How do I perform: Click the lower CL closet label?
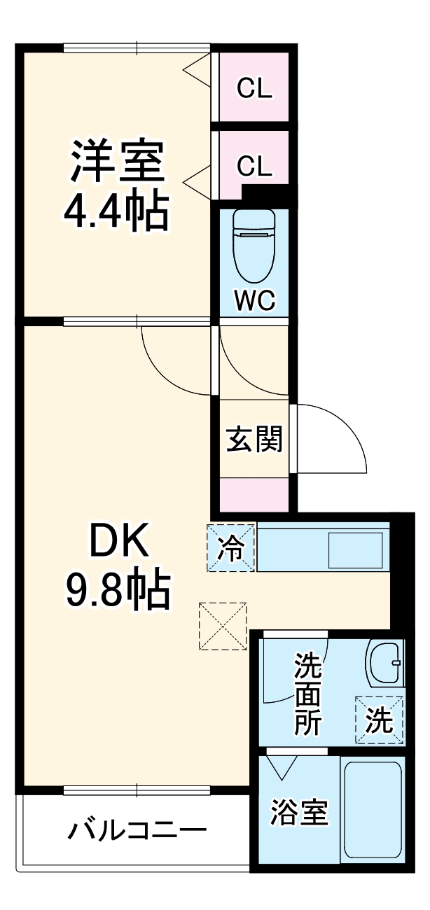pyautogui.click(x=254, y=166)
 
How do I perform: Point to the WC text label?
pyautogui.click(x=254, y=301)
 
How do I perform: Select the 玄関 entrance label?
pyautogui.click(x=254, y=440)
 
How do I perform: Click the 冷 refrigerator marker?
pyautogui.click(x=231, y=548)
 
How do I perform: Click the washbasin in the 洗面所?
pyautogui.click(x=384, y=663)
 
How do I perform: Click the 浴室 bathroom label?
pyautogui.click(x=299, y=813)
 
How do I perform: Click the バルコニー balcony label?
pyautogui.click(x=137, y=832)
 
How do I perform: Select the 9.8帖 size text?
pyautogui.click(x=118, y=592)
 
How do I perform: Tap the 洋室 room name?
pyautogui.click(x=116, y=162)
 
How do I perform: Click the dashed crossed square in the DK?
pyautogui.click(x=223, y=626)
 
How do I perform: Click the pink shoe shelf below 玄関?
pyautogui.click(x=254, y=493)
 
